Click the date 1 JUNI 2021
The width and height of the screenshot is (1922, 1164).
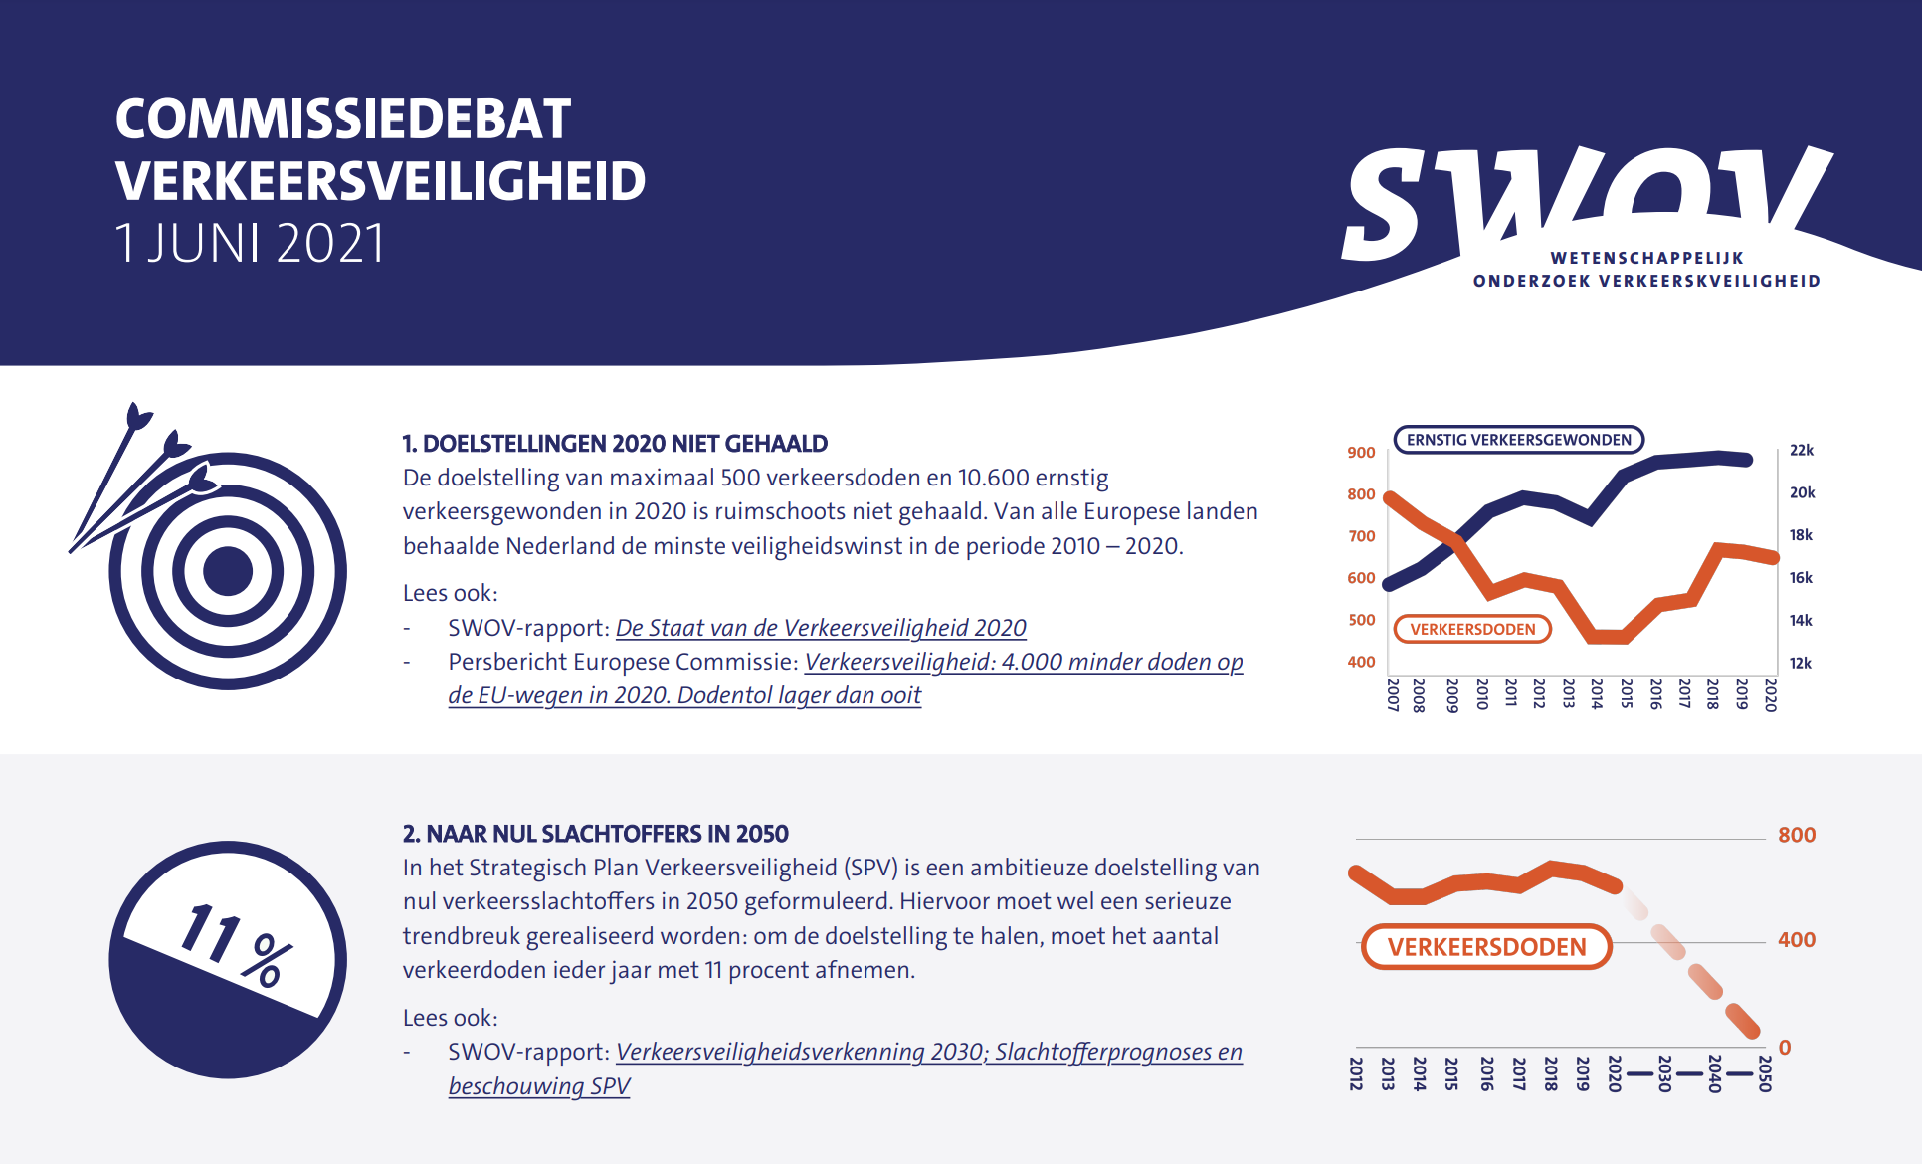pos(250,243)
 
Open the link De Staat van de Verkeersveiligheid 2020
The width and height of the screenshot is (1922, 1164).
pos(821,628)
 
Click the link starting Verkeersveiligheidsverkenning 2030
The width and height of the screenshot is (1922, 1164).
pos(928,1052)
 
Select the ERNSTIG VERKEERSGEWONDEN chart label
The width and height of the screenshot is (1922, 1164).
pos(1518,440)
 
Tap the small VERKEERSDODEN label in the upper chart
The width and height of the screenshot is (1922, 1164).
pos(1472,629)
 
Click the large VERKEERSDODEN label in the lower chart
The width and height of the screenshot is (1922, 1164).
pos(1486,947)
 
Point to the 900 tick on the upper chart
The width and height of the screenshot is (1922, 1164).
pos(1361,453)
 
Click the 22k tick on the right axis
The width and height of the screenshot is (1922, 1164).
pos(1802,450)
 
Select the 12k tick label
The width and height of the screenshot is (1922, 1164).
pos(1801,663)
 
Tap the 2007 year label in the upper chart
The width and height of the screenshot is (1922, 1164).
pos(1393,695)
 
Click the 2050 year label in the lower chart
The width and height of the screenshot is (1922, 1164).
pos(1765,1073)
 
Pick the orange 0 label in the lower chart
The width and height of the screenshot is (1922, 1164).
pos(1785,1047)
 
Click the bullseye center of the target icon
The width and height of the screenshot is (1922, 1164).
pos(228,571)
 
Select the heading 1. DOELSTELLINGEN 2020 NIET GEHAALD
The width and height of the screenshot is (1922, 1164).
pos(615,444)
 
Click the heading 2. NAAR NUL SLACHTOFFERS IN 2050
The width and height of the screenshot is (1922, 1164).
pos(595,834)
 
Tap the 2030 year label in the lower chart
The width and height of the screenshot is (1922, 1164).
pos(1664,1073)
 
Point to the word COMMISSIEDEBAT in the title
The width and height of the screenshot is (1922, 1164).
pos(343,119)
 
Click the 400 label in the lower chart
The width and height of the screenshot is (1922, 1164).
pos(1797,940)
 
